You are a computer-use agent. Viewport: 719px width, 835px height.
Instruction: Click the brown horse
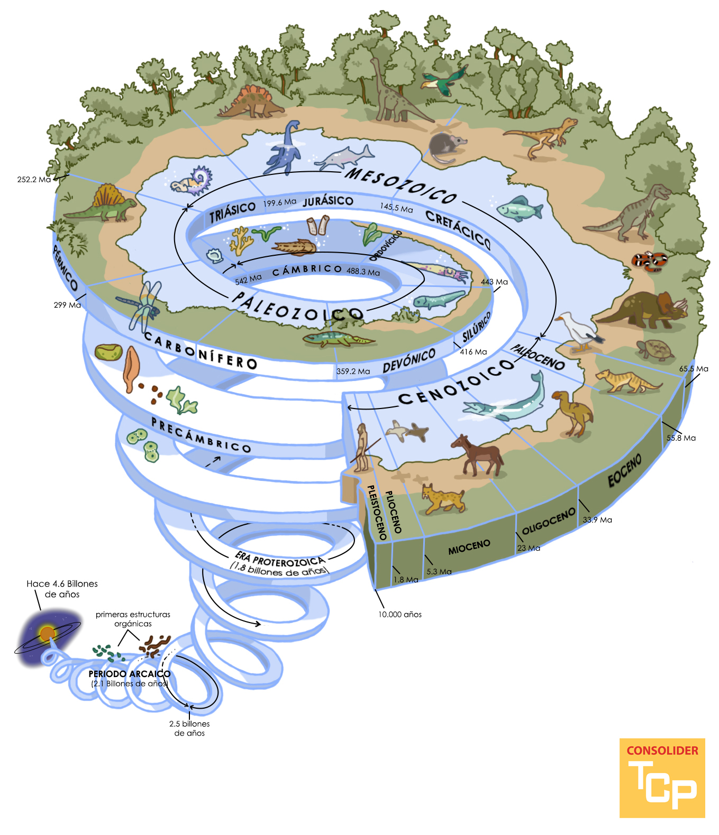(x=478, y=455)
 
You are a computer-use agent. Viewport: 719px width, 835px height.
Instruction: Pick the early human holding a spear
(x=362, y=447)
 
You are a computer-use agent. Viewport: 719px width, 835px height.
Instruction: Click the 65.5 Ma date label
(x=694, y=369)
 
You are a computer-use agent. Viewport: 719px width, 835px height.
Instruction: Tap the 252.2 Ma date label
(x=34, y=180)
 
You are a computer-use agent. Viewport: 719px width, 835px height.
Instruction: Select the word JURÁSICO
(x=328, y=201)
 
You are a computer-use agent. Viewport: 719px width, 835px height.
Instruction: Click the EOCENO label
(x=625, y=470)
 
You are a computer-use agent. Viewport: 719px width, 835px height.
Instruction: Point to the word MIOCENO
(x=469, y=547)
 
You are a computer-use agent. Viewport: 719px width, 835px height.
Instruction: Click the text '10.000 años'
(x=400, y=615)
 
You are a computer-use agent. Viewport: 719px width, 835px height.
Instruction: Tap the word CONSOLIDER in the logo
(x=662, y=750)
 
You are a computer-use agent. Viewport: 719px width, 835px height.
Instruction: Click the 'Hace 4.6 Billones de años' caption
(x=62, y=589)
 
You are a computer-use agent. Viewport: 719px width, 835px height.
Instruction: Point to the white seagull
(x=577, y=332)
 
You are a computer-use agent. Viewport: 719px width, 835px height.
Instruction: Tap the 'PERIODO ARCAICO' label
(x=130, y=674)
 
